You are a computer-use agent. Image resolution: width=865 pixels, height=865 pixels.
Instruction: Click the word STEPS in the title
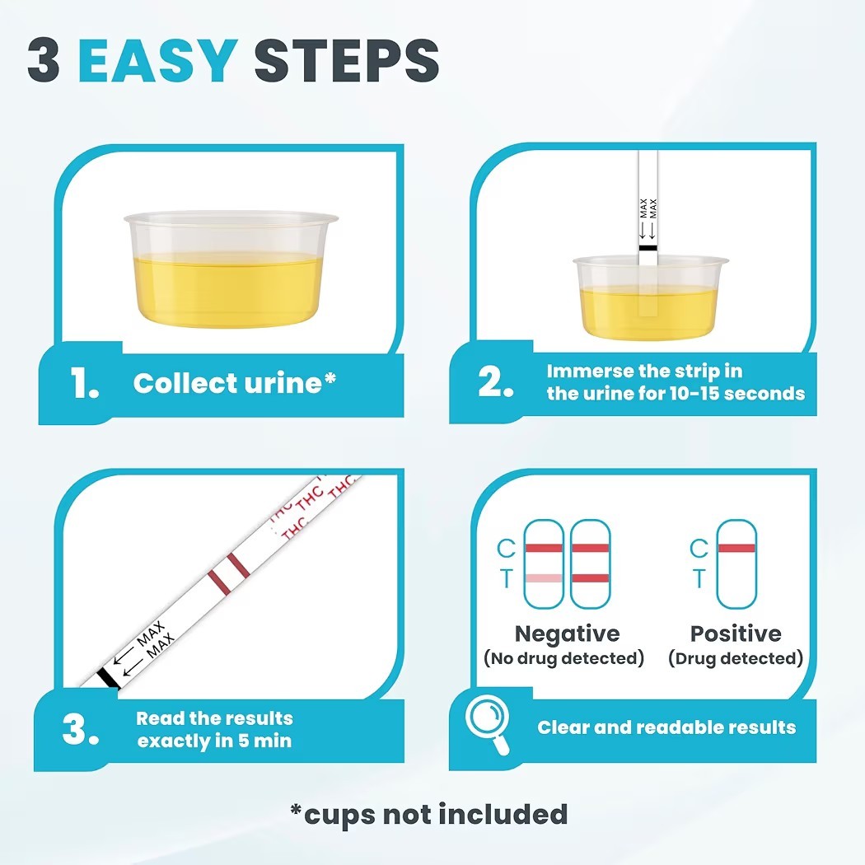pyautogui.click(x=347, y=60)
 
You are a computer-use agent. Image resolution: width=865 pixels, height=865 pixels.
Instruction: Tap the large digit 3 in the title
pyautogui.click(x=44, y=60)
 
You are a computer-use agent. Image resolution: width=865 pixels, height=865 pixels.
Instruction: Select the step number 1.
pyautogui.click(x=84, y=383)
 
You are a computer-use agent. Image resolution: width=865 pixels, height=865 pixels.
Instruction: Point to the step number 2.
pyautogui.click(x=495, y=381)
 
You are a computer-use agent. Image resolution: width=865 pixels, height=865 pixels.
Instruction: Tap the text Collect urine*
pyautogui.click(x=235, y=383)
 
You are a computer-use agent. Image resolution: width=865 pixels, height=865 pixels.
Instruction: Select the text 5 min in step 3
pyautogui.click(x=264, y=741)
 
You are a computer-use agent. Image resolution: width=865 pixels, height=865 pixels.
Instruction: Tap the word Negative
pyautogui.click(x=567, y=634)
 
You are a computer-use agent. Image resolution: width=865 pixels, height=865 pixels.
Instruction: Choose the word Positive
pyautogui.click(x=736, y=634)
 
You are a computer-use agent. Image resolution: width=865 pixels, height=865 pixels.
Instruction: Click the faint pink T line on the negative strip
pyautogui.click(x=544, y=578)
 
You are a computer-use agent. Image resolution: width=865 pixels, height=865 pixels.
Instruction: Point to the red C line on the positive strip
pyautogui.click(x=736, y=548)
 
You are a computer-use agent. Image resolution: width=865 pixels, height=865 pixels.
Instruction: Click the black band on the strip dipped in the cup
pyautogui.click(x=648, y=248)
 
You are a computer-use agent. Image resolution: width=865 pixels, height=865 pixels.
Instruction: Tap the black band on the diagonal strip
pyautogui.click(x=108, y=679)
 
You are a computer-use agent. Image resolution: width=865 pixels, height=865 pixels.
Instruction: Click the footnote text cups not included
pyautogui.click(x=436, y=814)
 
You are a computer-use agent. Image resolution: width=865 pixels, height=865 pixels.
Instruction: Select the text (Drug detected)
pyautogui.click(x=736, y=658)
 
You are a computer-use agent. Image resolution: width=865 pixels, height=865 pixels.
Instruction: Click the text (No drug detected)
pyautogui.click(x=563, y=658)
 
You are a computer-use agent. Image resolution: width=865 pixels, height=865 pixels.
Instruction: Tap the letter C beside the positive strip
pyautogui.click(x=699, y=549)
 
